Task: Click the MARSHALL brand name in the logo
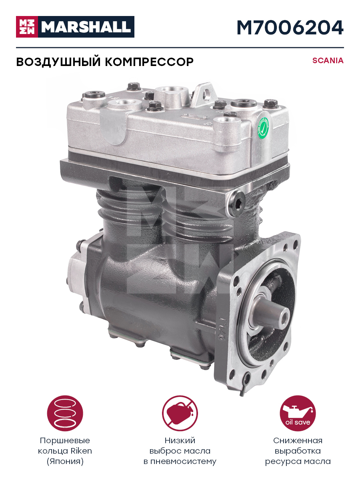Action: pos(86,27)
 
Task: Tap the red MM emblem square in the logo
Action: pos(27,27)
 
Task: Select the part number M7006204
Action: pos(290,28)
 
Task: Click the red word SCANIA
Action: pos(328,60)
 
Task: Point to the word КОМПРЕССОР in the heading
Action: pos(149,62)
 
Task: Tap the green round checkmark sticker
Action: pos(263,128)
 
